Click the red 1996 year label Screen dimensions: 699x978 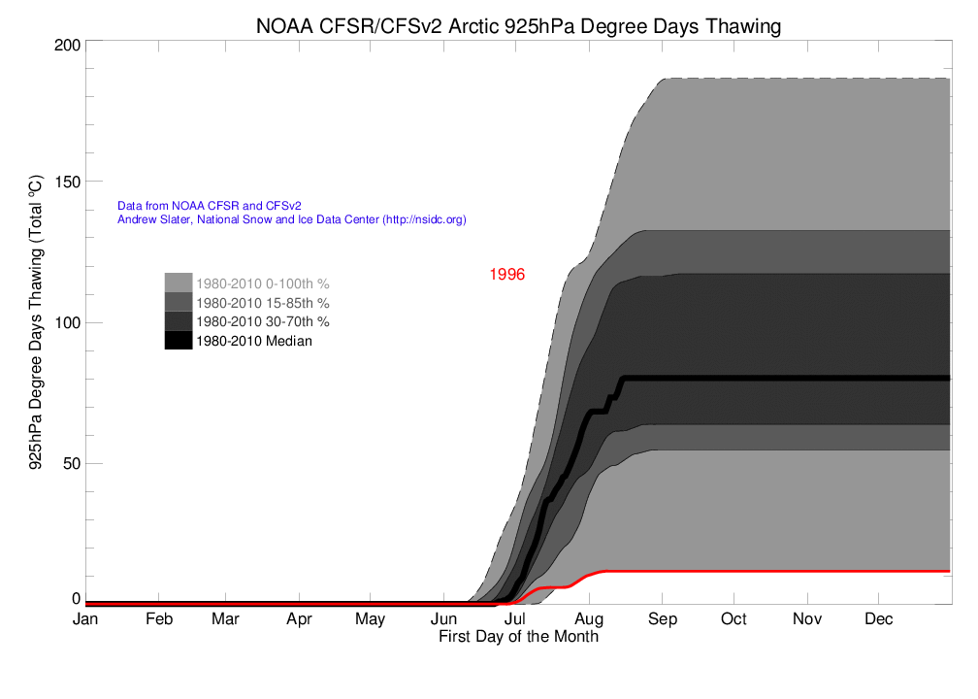[506, 275]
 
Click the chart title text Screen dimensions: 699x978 [518, 26]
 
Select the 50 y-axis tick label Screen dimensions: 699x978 [69, 463]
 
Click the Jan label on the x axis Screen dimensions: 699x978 [85, 619]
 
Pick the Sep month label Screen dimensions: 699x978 [663, 619]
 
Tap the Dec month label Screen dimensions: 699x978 [879, 619]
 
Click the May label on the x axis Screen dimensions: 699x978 [371, 619]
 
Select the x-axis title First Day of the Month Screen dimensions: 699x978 [518, 637]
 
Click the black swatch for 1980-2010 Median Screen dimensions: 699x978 [178, 340]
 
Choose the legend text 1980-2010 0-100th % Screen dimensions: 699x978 [262, 284]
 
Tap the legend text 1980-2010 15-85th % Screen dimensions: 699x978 [262, 303]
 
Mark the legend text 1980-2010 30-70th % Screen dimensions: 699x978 [262, 321]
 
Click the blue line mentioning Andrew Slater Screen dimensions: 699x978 [291, 220]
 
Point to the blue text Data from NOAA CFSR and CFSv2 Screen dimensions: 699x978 [209, 206]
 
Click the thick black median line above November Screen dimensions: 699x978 [807, 378]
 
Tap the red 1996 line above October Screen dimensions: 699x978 [734, 571]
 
